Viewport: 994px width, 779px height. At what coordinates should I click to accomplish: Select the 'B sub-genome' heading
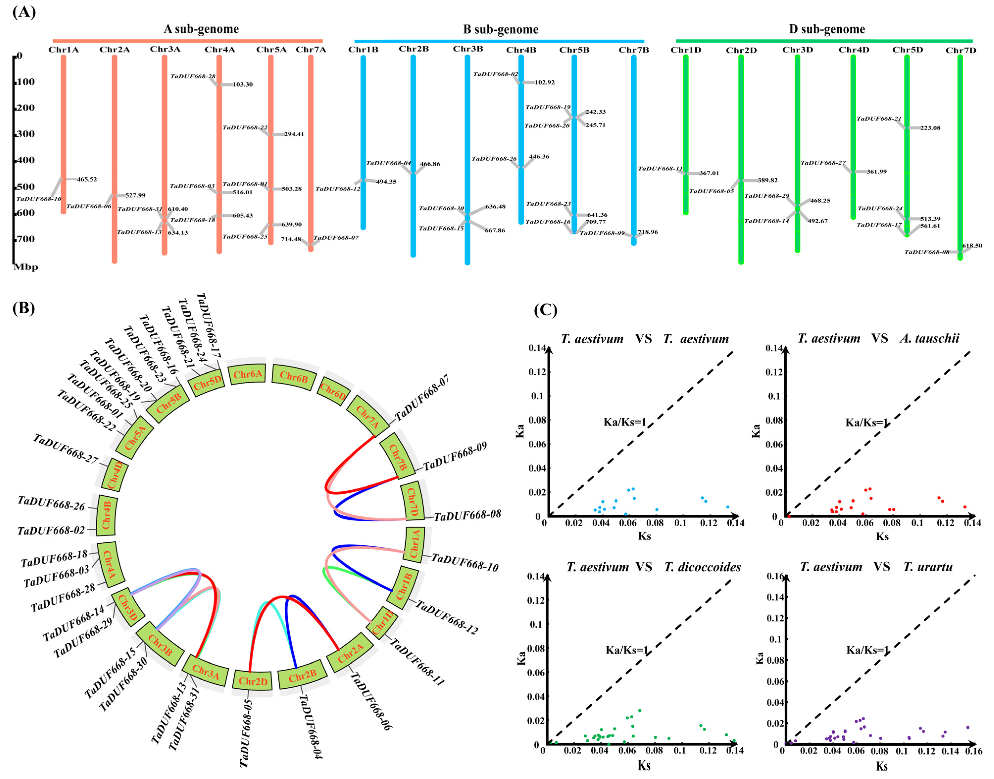(x=500, y=30)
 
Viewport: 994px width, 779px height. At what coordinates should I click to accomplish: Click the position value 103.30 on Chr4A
(x=243, y=84)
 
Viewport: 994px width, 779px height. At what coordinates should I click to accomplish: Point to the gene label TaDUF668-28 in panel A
(x=193, y=76)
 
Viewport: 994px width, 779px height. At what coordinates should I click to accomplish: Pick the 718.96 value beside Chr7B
(x=648, y=232)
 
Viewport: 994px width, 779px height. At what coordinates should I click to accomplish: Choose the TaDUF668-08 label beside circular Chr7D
(x=467, y=515)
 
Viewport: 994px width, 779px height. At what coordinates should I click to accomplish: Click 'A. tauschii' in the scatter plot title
(x=929, y=338)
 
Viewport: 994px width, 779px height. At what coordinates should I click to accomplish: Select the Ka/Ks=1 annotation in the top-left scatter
(x=625, y=422)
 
